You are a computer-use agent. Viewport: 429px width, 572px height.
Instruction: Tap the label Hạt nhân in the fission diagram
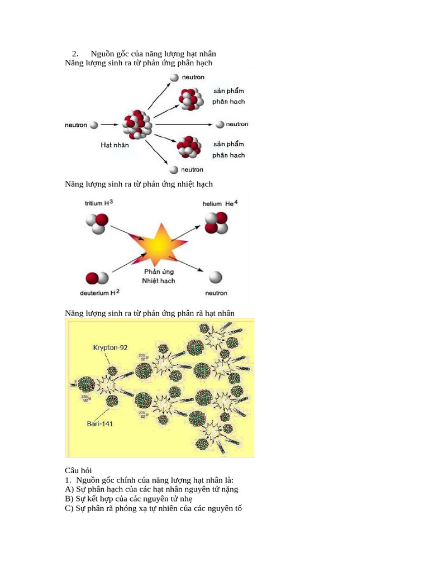(x=115, y=145)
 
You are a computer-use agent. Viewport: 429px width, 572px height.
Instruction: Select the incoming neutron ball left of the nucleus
(x=94, y=125)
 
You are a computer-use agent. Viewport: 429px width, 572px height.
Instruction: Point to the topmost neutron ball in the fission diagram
(x=174, y=78)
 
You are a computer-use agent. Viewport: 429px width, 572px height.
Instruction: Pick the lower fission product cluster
(x=189, y=146)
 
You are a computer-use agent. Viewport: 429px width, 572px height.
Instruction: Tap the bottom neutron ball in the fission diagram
(x=174, y=169)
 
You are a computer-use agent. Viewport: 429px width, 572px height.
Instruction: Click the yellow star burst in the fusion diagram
(x=159, y=245)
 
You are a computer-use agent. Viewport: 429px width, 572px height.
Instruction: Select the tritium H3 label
(x=99, y=204)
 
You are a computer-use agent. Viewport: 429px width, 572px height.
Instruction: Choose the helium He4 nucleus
(x=216, y=222)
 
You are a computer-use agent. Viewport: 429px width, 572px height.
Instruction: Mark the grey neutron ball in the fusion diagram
(x=215, y=277)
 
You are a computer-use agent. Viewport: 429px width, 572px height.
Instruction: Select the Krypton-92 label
(x=110, y=347)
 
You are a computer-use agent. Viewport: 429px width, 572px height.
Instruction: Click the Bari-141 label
(x=100, y=423)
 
